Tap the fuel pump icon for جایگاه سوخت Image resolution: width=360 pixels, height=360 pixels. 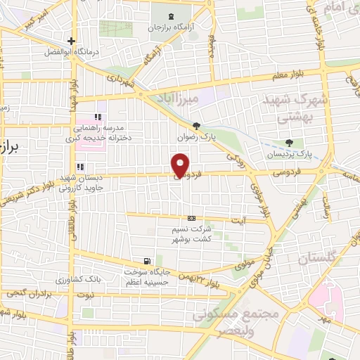(146, 260)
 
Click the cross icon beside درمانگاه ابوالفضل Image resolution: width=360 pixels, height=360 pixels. (71, 41)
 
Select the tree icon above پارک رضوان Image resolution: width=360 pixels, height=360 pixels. (196, 127)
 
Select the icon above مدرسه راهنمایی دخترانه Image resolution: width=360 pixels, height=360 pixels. (98, 117)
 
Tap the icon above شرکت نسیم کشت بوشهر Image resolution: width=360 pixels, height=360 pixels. (191, 218)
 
